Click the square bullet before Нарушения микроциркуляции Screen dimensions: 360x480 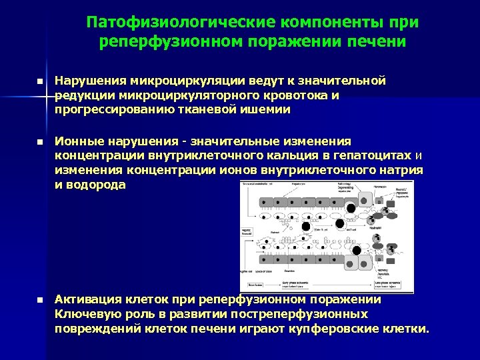(39, 81)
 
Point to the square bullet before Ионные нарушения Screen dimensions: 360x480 (39, 143)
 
